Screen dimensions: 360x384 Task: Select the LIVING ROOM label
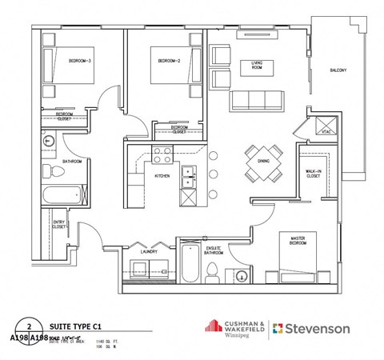[258, 65]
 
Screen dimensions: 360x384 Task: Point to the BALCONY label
[338, 70]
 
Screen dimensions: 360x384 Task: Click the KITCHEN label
[161, 175]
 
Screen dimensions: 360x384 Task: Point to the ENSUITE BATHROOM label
[214, 251]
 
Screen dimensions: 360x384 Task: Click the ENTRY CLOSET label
[59, 225]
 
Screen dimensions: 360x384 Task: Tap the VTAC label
[326, 132]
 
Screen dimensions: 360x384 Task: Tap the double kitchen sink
[189, 177]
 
